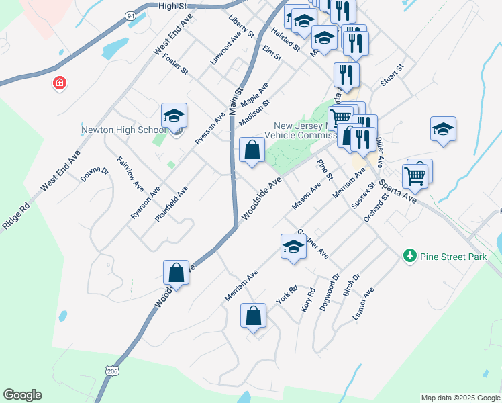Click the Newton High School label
(123, 130)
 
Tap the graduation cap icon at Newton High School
(174, 116)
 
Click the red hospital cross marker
(60, 83)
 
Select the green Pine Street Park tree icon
(409, 256)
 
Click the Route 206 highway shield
(111, 370)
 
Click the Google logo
(22, 395)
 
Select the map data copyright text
(460, 398)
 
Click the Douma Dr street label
(95, 174)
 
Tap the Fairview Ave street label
(130, 172)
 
